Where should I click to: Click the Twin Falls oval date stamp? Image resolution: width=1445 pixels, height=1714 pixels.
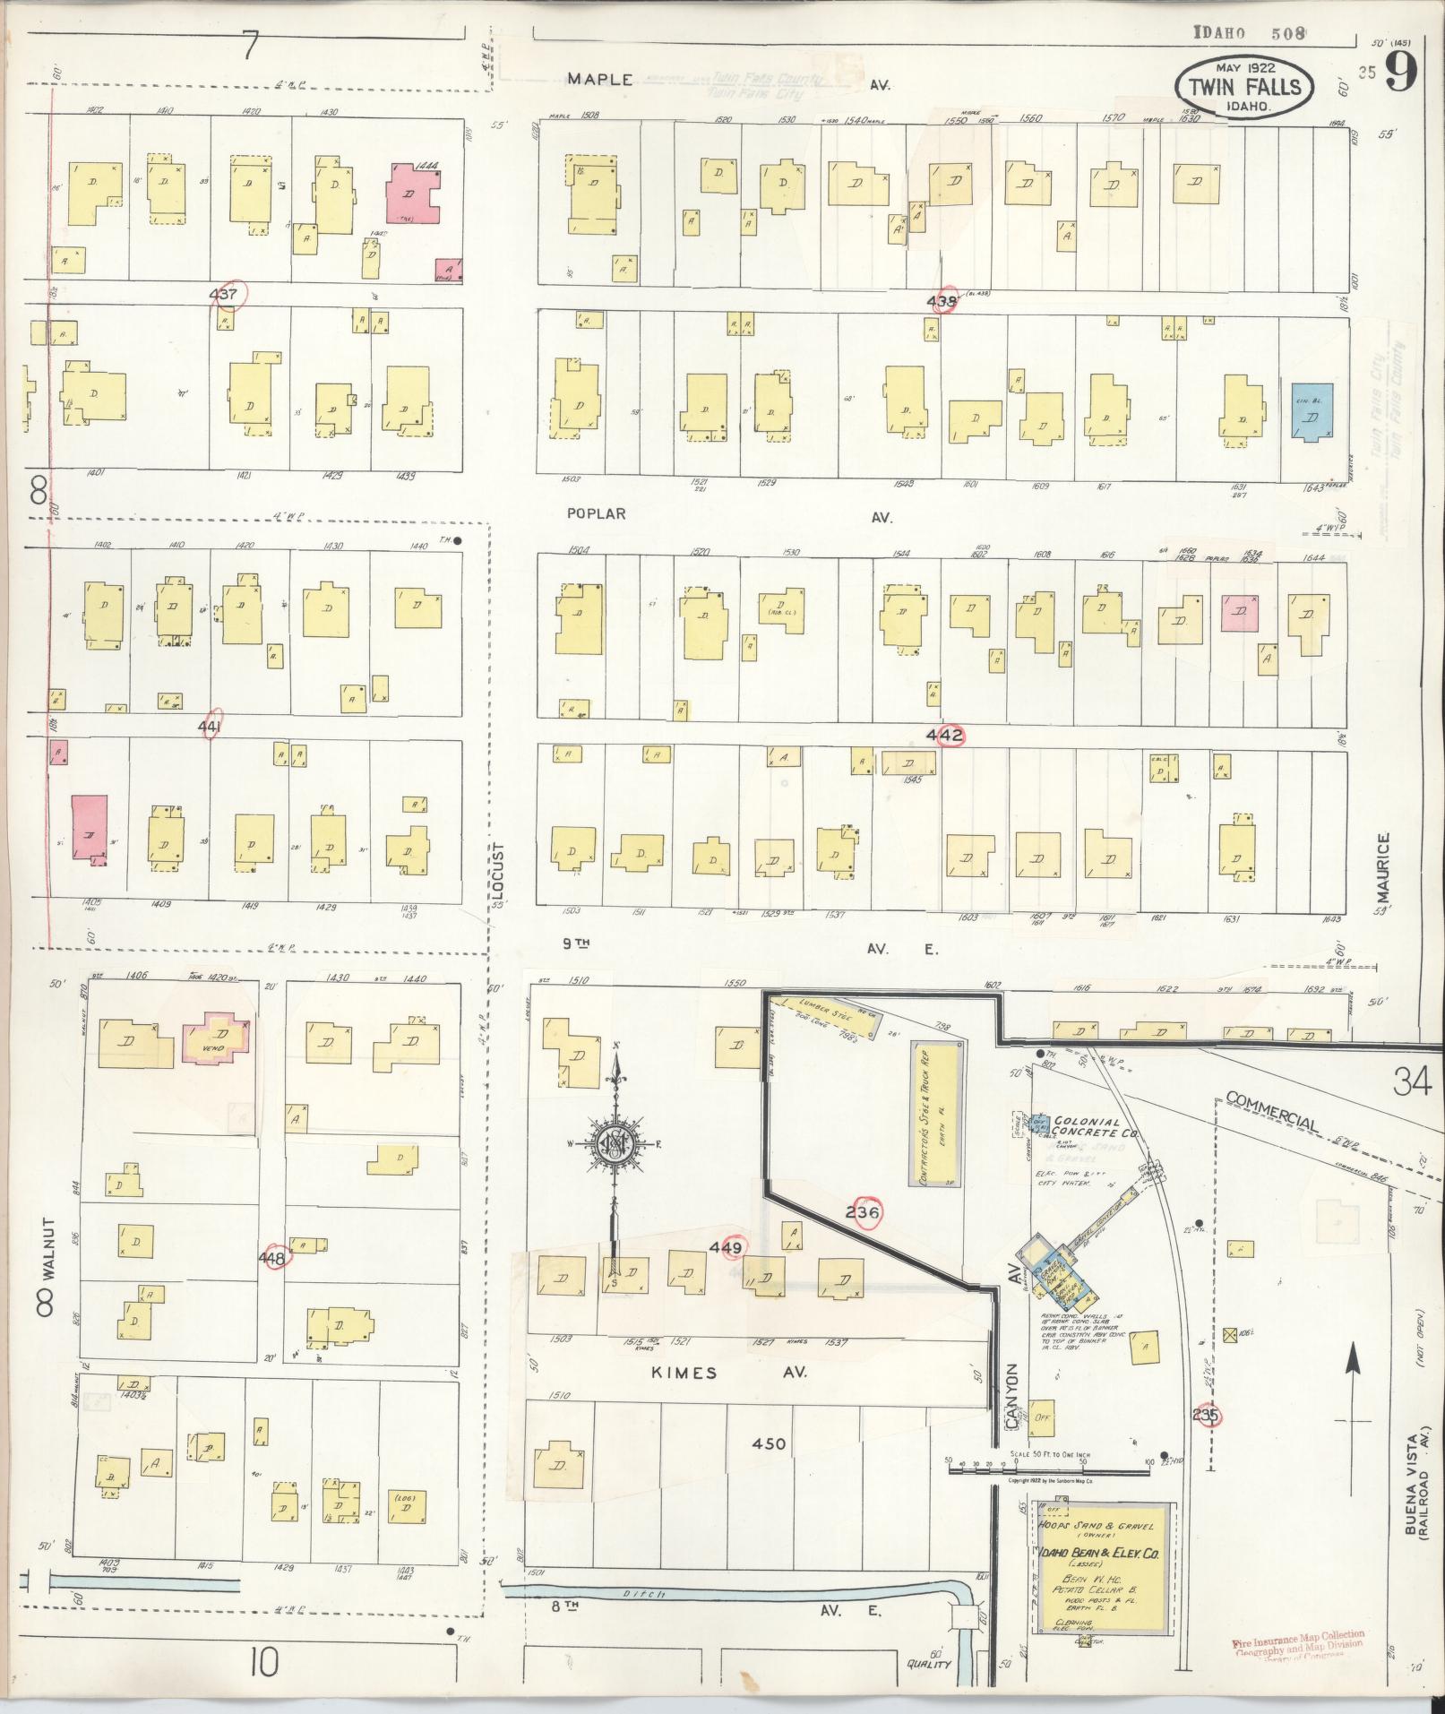[x=1244, y=86]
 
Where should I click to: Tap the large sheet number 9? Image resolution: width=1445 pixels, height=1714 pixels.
[x=1400, y=73]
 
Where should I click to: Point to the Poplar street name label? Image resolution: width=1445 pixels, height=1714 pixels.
[x=596, y=514]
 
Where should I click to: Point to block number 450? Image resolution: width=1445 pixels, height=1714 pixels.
[x=769, y=1469]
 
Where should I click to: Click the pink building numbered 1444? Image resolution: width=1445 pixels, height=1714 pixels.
[x=413, y=193]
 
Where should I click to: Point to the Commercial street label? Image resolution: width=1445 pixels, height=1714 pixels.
[x=1271, y=1111]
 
